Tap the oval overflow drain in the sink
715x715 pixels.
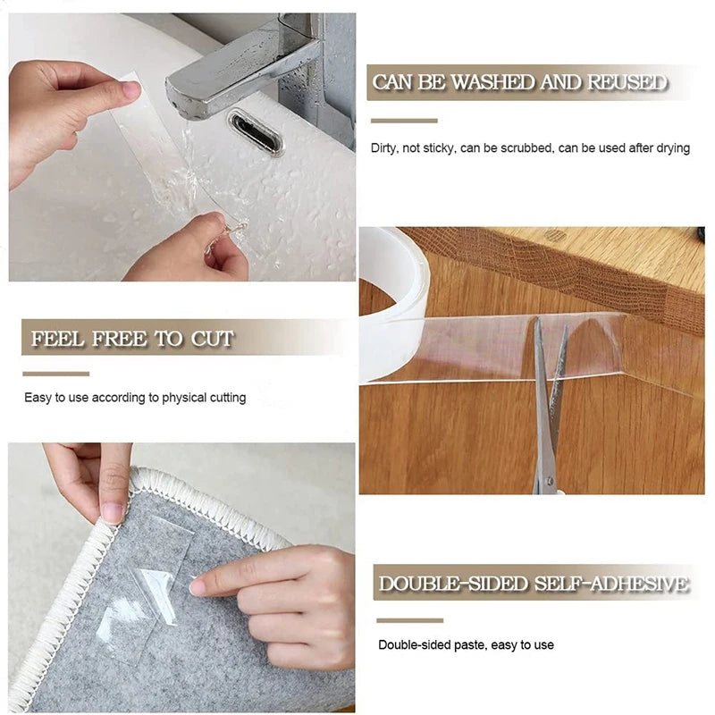pos(256,132)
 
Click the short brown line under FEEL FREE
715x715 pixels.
pos(55,374)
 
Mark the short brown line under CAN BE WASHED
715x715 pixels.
pos(404,121)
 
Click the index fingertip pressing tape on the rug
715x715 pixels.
pos(198,586)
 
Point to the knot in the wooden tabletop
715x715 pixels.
pos(555,236)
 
